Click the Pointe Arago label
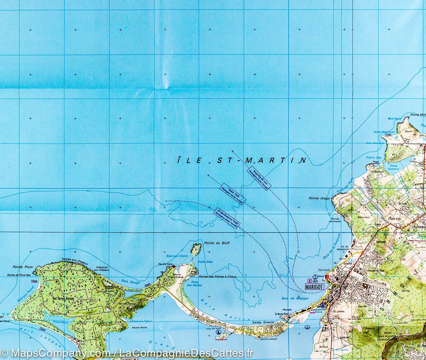pyautogui.click(x=319, y=198)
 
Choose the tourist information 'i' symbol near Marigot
pyautogui.click(x=309, y=281)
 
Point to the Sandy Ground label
pyautogui.click(x=263, y=322)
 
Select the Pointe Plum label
pyautogui.click(x=23, y=267)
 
